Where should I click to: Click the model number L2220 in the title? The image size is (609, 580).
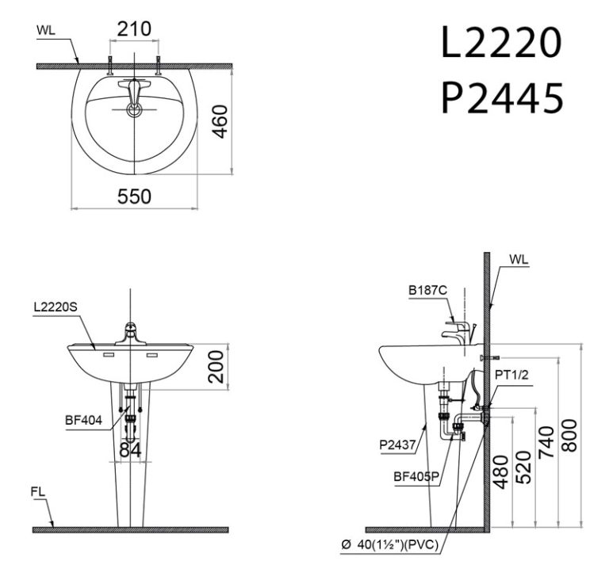coord(501,45)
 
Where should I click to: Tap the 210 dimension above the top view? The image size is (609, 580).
coord(134,30)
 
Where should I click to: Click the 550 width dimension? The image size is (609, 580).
coord(134,197)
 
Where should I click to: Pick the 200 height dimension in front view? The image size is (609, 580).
coord(219,366)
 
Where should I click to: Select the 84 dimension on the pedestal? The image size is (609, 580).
coord(130,450)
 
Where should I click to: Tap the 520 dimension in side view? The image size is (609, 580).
coord(523,467)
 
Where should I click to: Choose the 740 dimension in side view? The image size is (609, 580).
coord(546,438)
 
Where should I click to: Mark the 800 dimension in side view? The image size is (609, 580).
coord(569,435)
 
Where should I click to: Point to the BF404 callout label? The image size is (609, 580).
coord(83,422)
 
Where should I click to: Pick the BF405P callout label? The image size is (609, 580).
coord(412,477)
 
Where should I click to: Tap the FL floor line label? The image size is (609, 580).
coord(38,492)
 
